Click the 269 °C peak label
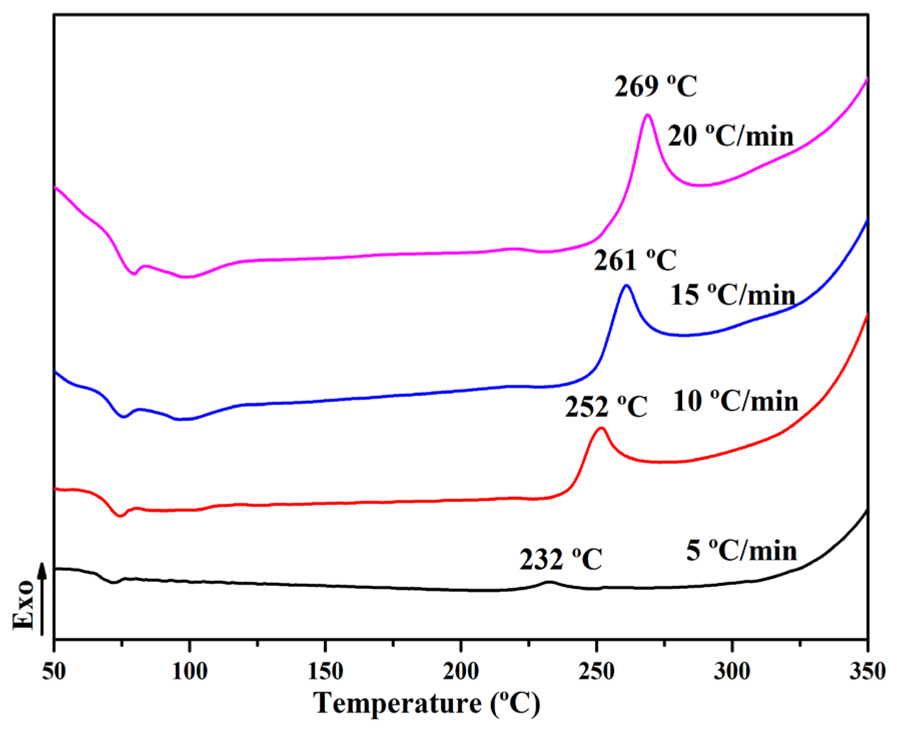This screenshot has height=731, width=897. tap(655, 87)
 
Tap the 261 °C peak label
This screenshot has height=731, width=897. tap(635, 261)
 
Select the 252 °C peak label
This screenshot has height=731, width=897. tap(606, 407)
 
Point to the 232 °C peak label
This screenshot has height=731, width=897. tap(561, 559)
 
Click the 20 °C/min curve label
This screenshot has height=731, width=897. tap(730, 136)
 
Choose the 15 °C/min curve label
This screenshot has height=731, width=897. tap(732, 295)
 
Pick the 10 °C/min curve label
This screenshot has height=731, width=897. tap(735, 401)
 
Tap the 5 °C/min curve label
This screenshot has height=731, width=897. tap(741, 551)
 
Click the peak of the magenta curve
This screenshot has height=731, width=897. tap(648, 115)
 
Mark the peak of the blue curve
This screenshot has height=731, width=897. tap(626, 286)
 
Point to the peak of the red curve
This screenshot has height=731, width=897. tap(602, 428)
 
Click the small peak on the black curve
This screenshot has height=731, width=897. tap(550, 582)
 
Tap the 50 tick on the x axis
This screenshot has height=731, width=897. tap(54, 671)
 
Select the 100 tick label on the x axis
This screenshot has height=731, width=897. tap(190, 671)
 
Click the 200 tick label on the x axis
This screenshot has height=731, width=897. tap(461, 671)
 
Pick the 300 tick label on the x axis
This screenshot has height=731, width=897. tap(732, 671)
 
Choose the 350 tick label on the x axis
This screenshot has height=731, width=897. tap(867, 671)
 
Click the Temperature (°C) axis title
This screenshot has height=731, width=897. tap(427, 703)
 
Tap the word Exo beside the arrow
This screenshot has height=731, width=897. tap(24, 605)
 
